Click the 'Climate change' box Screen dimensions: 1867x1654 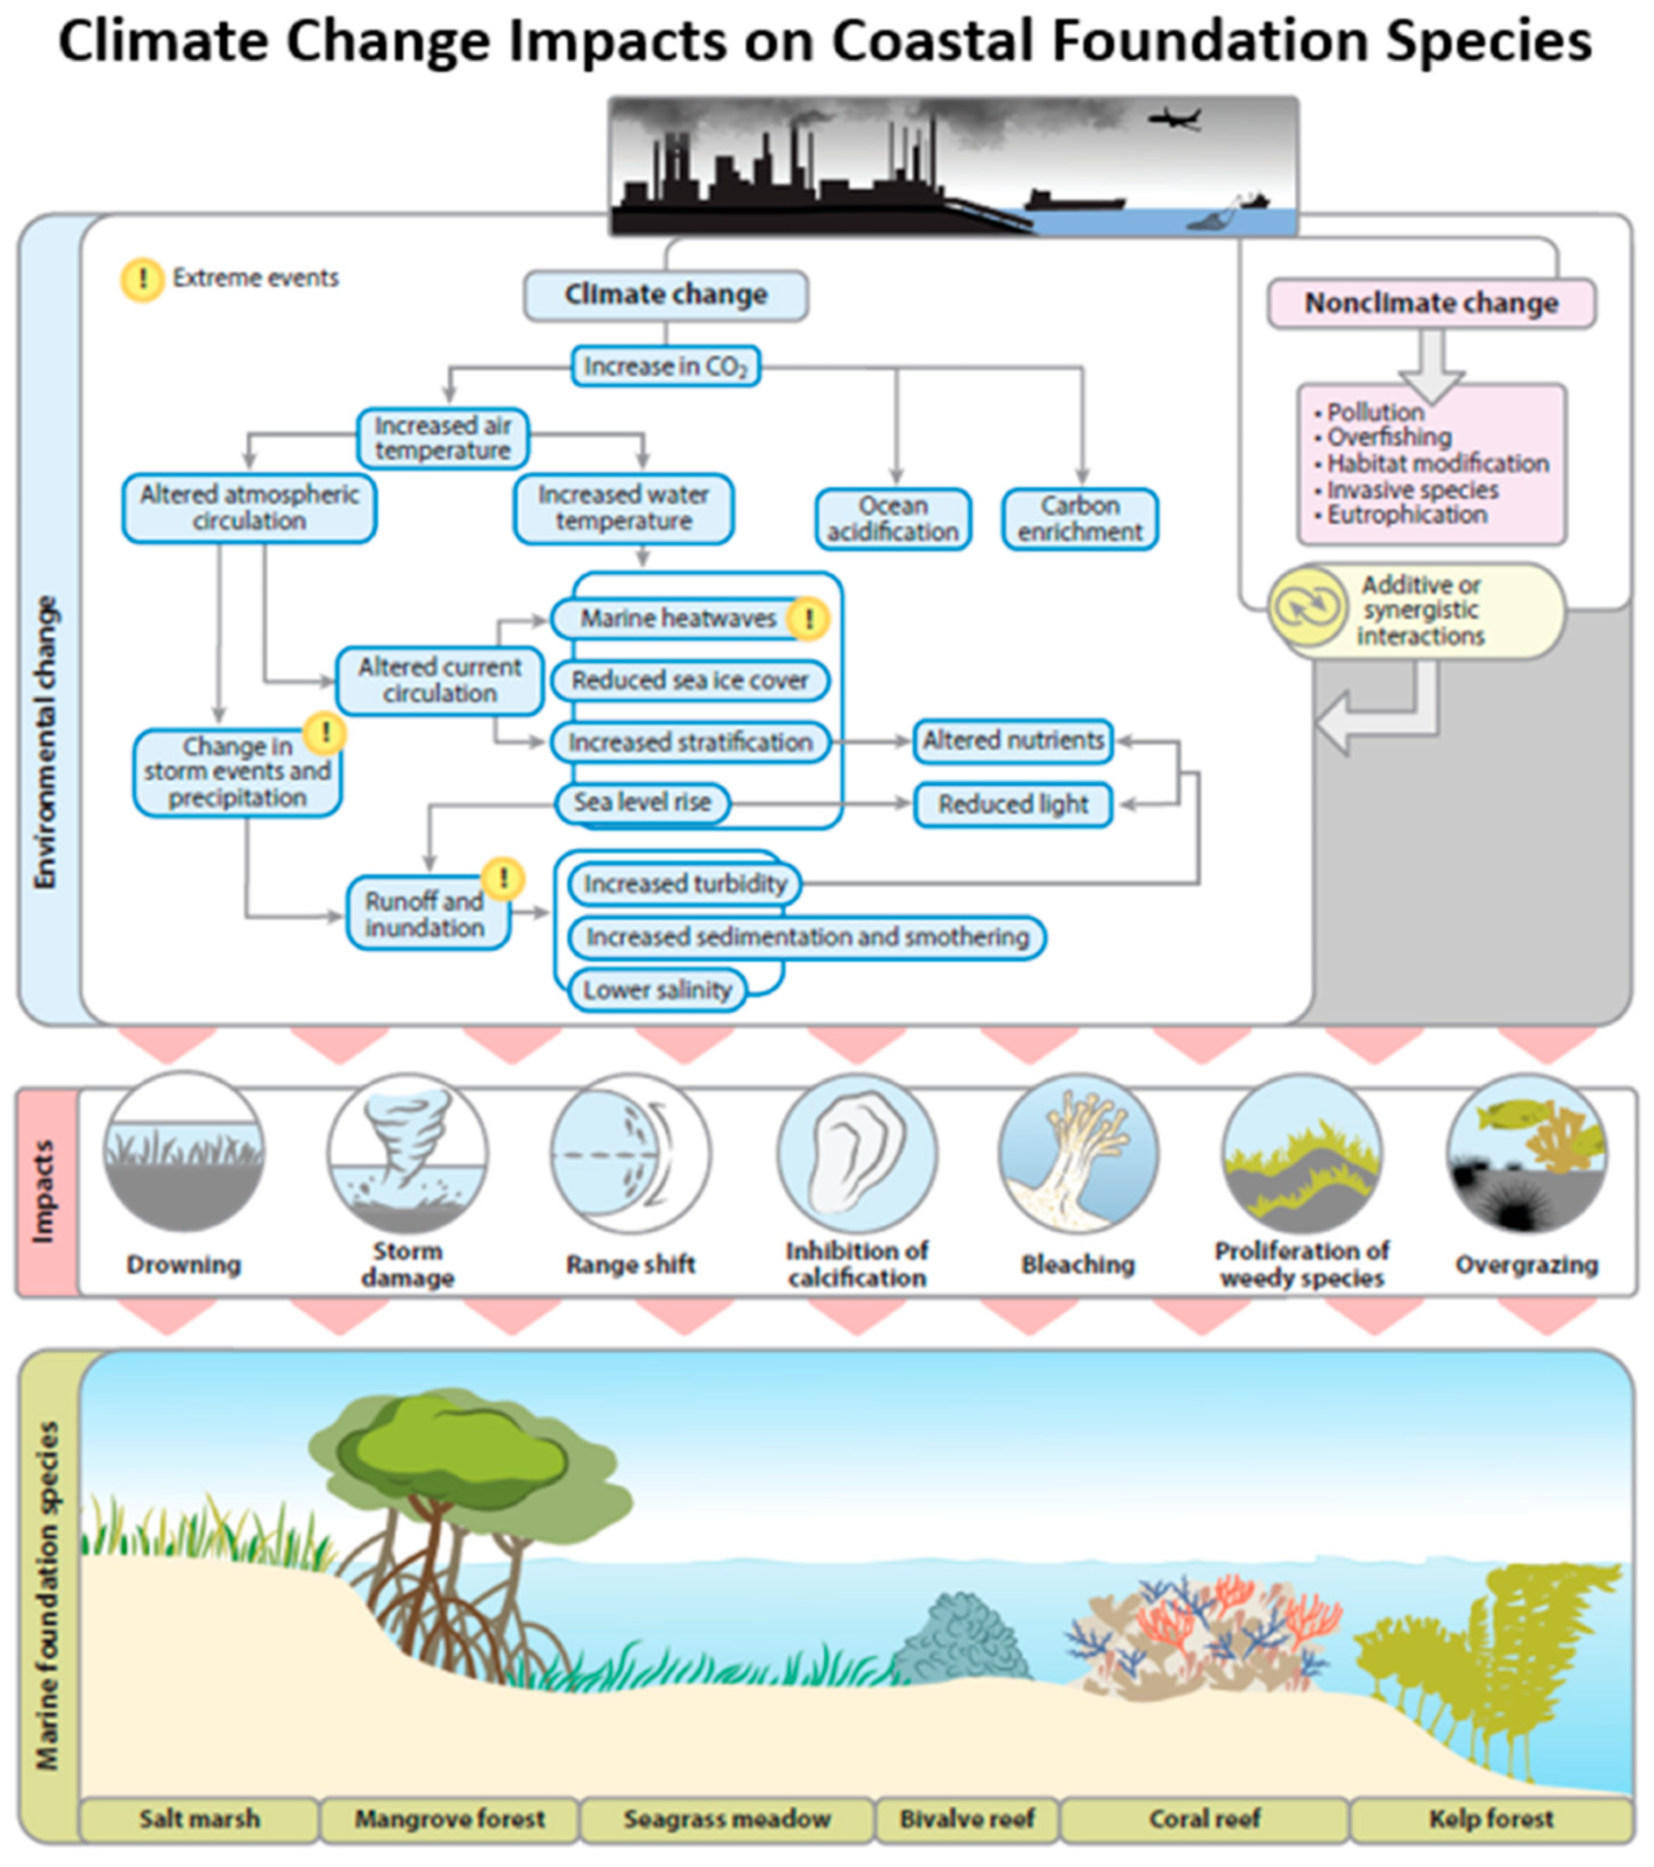pyautogui.click(x=665, y=295)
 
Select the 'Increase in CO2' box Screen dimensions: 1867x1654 pyautogui.click(x=665, y=367)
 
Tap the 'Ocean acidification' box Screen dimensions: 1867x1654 pyautogui.click(x=893, y=519)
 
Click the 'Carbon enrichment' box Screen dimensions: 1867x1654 pyautogui.click(x=1080, y=519)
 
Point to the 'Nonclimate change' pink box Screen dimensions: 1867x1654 pyautogui.click(x=1431, y=304)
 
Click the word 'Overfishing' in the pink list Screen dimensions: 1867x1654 pyautogui.click(x=1388, y=437)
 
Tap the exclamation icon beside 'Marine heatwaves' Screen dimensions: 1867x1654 pyautogui.click(x=808, y=618)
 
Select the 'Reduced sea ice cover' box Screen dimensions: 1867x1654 pyautogui.click(x=689, y=681)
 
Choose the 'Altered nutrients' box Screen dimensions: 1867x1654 pyautogui.click(x=1013, y=741)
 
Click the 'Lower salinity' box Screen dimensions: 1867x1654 pyautogui.click(x=656, y=990)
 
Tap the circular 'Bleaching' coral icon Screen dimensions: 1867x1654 pyautogui.click(x=1078, y=1152)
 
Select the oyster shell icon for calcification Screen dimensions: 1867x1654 pyautogui.click(x=857, y=1152)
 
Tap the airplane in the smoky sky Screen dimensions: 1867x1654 pyautogui.click(x=1174, y=119)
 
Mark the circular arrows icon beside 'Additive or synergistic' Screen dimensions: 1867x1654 pyautogui.click(x=1308, y=608)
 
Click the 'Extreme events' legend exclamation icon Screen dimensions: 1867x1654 pyautogui.click(x=143, y=279)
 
